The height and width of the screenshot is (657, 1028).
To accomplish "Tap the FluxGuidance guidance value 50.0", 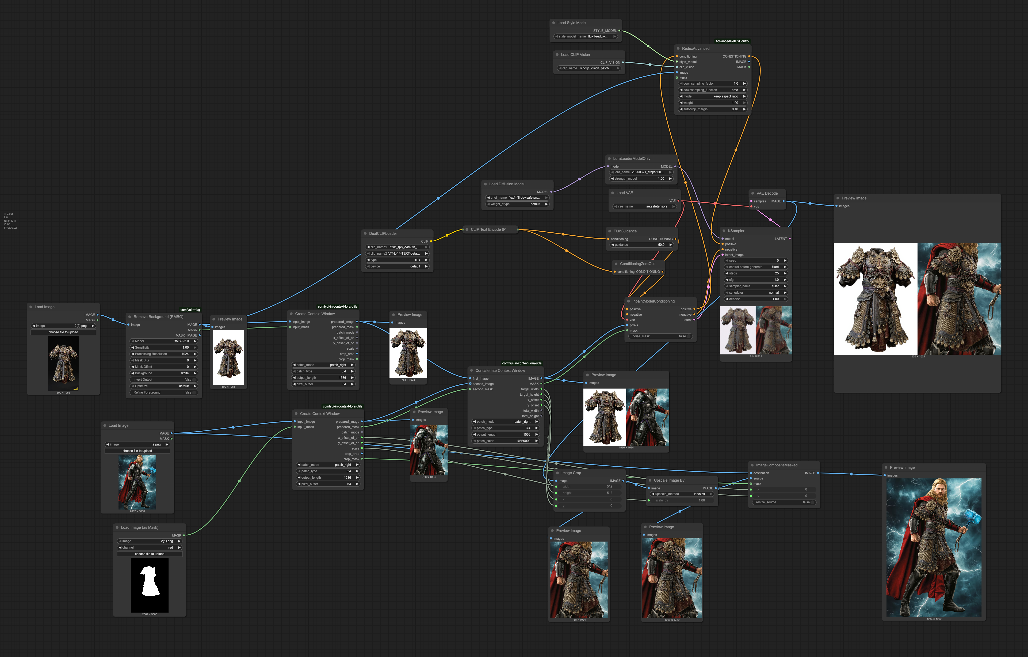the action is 642,245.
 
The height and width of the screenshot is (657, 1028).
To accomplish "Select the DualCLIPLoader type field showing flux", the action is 397,260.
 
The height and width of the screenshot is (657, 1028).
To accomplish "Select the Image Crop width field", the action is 589,486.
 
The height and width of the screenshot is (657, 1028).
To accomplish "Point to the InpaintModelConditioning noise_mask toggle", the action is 660,336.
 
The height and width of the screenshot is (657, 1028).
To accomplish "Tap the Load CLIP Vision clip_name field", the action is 589,68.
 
